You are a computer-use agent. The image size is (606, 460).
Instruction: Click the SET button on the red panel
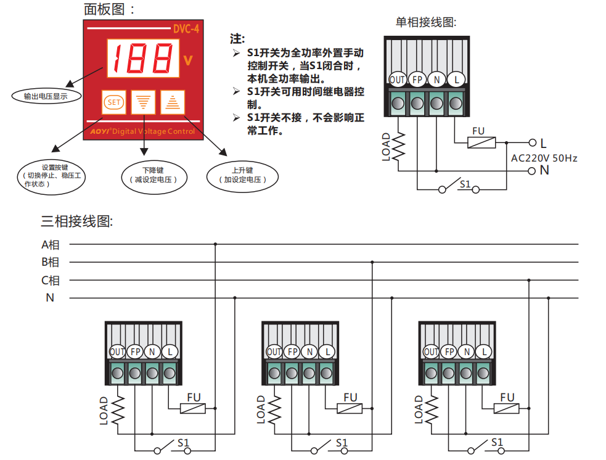click(113, 102)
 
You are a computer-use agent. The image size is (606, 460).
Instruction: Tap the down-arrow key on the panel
click(144, 102)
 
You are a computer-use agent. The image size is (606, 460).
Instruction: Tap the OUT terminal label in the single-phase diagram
click(398, 80)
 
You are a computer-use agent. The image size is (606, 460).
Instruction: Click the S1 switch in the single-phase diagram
click(459, 186)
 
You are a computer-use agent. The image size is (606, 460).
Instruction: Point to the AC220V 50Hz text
click(544, 158)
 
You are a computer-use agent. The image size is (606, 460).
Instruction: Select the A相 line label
click(51, 245)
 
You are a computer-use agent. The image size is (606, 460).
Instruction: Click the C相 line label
click(51, 281)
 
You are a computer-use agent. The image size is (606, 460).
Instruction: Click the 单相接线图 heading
click(426, 22)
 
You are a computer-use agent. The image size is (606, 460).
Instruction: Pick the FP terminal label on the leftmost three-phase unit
click(136, 352)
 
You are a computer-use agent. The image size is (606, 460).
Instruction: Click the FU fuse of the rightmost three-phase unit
click(507, 408)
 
